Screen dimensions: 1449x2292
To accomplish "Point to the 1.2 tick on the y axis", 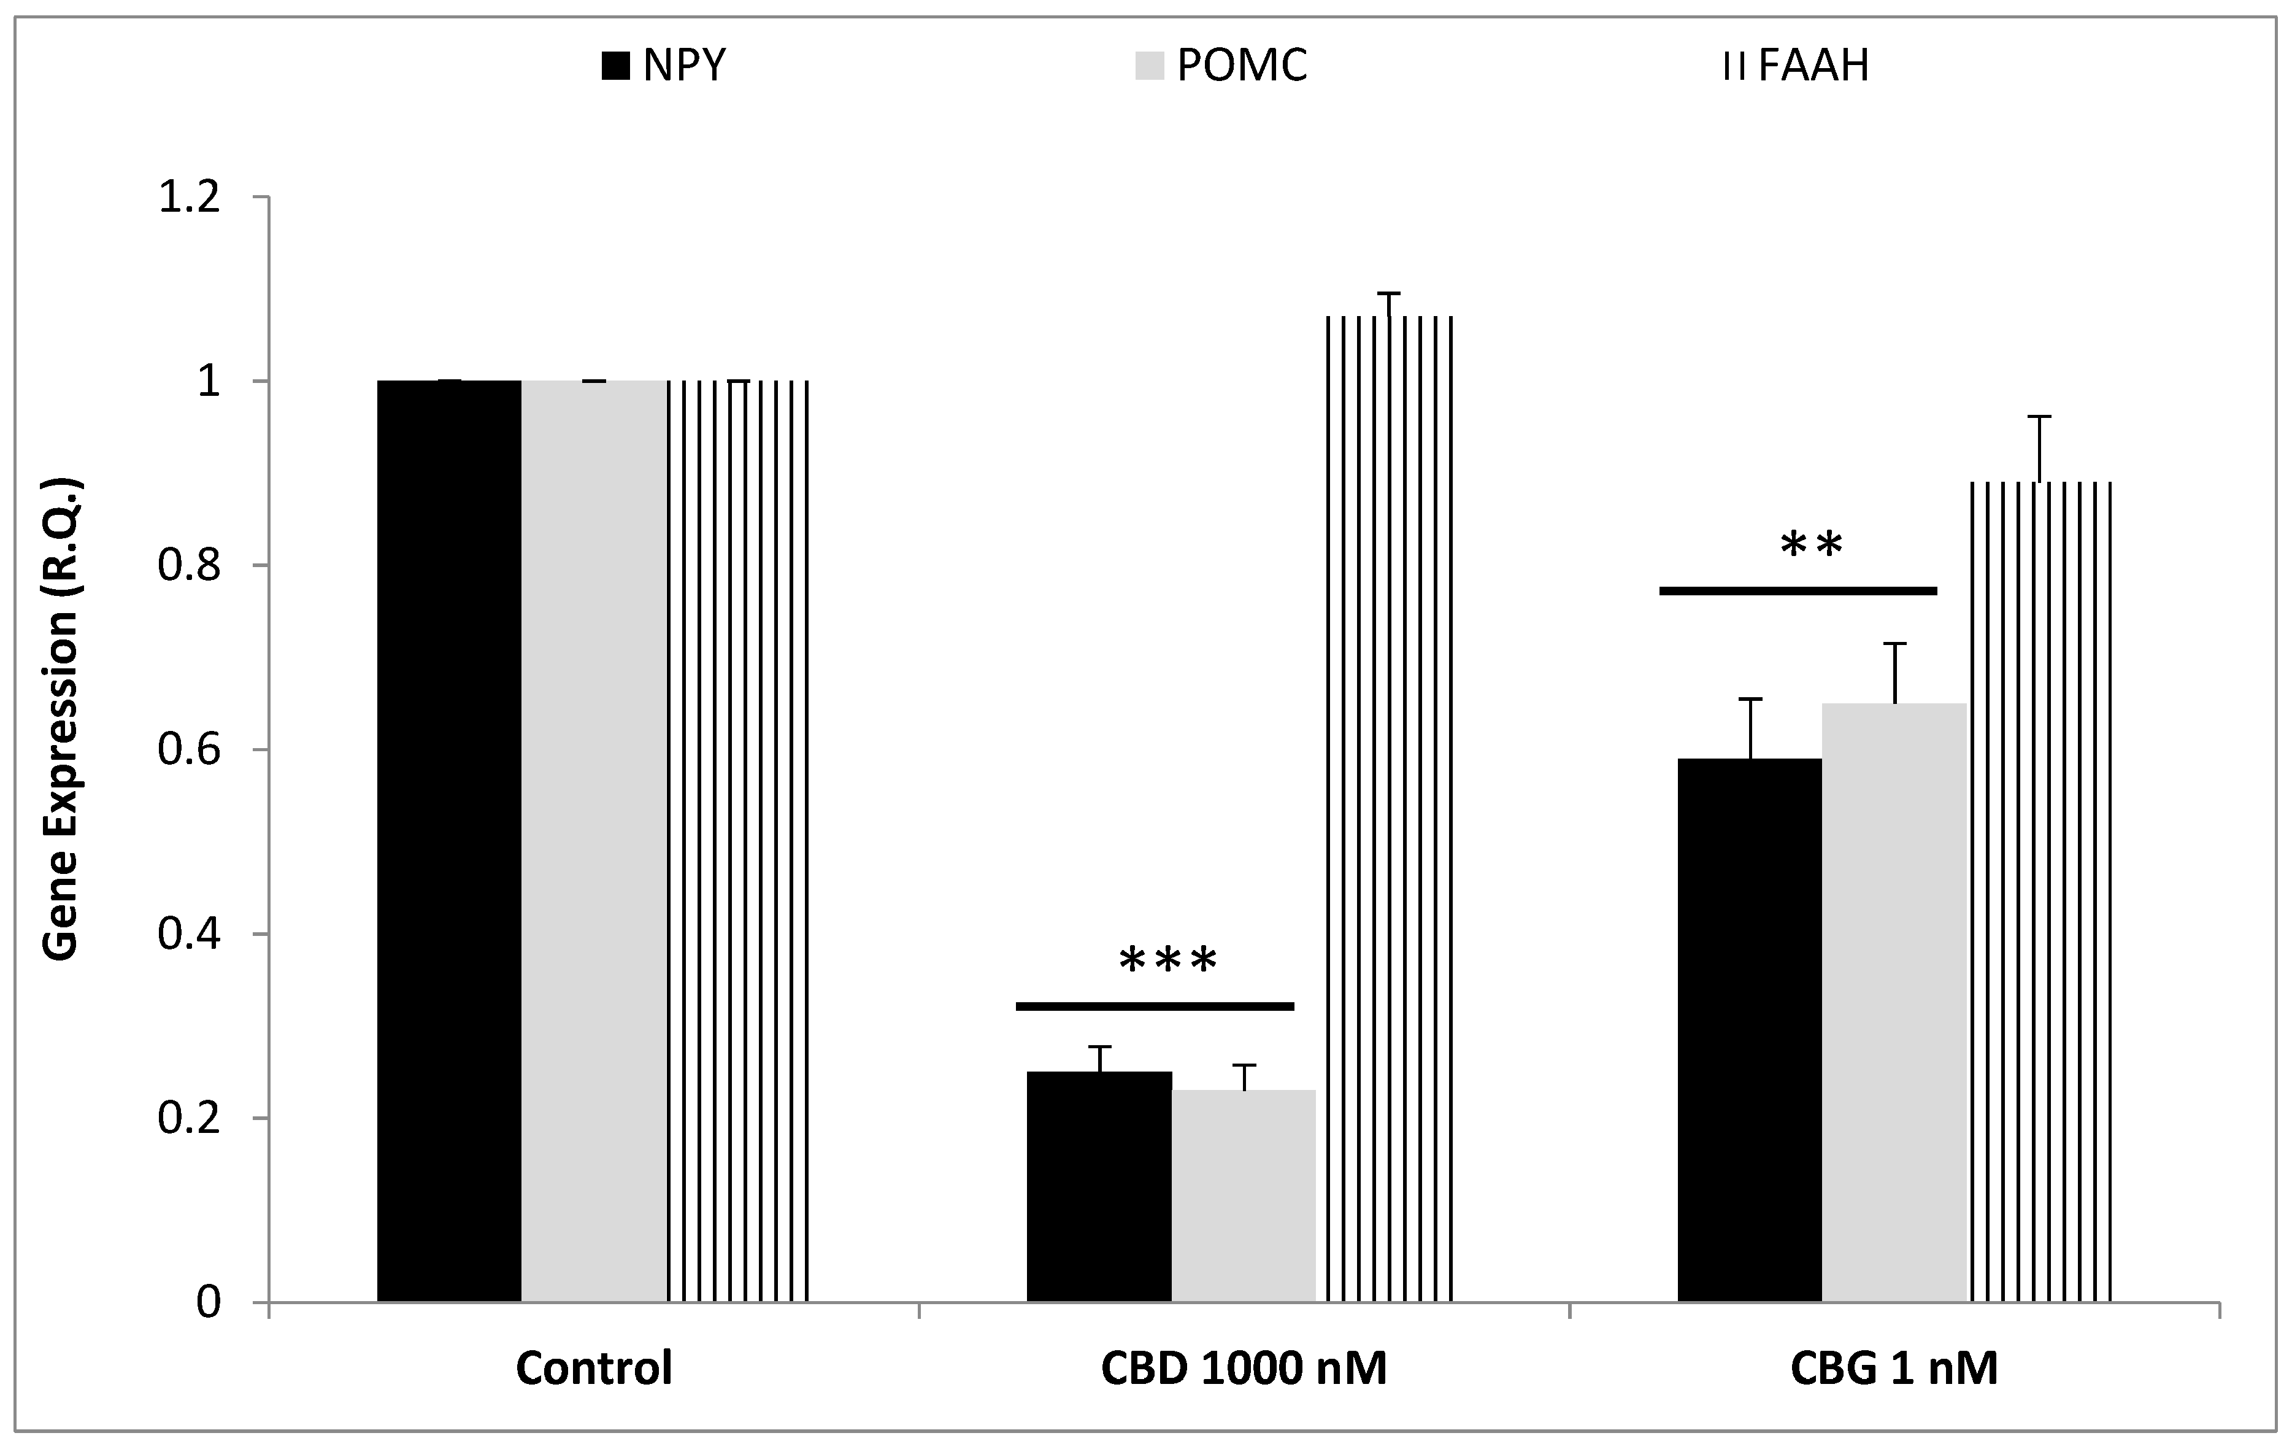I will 188,198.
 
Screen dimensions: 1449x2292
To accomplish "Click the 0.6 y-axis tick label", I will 188,750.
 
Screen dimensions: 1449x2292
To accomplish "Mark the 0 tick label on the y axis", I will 209,1302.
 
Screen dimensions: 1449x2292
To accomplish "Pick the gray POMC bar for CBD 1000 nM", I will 1243,1195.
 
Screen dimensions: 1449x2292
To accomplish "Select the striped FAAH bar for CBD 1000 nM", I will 1389,810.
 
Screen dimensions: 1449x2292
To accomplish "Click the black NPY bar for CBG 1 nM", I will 1750,1028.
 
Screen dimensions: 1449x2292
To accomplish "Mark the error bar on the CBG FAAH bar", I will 2039,447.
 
